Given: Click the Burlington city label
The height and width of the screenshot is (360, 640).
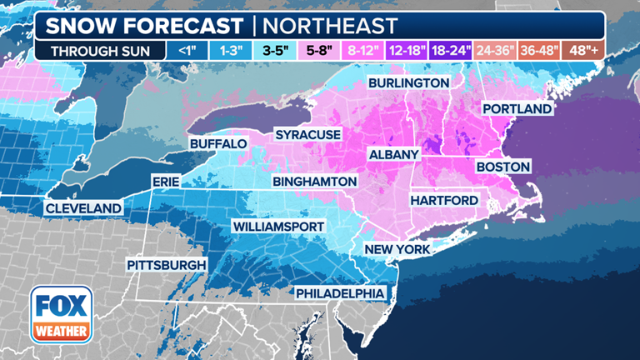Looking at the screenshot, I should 409,83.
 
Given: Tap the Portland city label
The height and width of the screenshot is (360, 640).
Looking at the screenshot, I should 517,109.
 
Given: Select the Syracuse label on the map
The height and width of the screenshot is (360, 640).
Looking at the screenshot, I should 309,134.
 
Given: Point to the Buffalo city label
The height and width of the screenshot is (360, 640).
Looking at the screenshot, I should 218,144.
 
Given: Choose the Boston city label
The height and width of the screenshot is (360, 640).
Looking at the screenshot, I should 502,167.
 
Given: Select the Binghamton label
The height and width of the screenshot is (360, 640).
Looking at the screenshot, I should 315,182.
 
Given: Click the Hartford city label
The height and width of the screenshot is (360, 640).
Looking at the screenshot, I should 443,201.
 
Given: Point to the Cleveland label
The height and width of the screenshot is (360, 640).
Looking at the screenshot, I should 83,207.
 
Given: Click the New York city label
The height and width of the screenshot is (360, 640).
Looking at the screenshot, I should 397,249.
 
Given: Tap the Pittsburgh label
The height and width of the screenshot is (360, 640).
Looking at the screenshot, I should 166,265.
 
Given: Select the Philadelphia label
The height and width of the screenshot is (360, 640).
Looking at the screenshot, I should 340,293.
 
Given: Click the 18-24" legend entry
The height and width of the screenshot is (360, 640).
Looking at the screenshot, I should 450,50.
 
